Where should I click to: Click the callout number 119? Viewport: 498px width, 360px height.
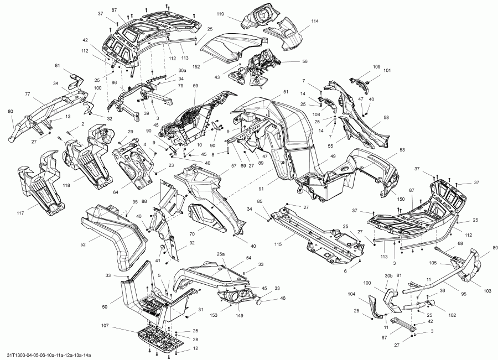pos(220,13)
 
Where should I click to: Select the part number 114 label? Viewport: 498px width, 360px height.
pos(315,21)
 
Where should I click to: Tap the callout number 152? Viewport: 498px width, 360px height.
pos(196,66)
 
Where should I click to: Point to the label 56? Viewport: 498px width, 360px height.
pos(304,61)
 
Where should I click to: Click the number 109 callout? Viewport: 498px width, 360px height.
pos(376,67)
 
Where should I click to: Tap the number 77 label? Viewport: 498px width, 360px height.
pos(27,95)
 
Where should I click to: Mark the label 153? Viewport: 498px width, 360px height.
pos(213,315)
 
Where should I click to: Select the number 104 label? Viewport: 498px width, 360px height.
pos(352,294)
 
